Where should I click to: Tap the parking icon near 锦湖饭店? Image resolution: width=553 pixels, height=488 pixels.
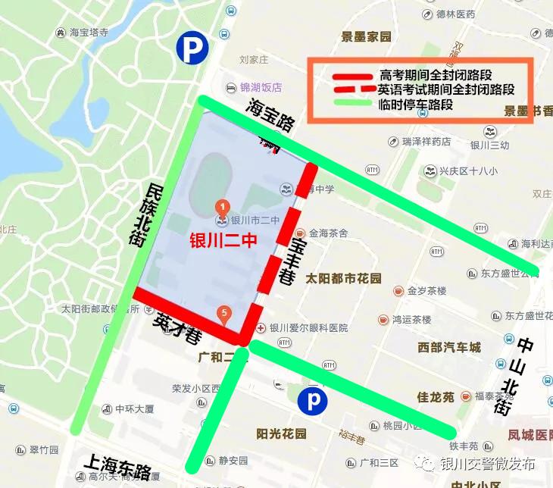point(192,48)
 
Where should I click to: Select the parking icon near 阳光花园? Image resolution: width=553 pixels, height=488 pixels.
point(312,401)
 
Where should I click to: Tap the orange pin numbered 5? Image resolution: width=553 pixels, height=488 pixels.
point(224,312)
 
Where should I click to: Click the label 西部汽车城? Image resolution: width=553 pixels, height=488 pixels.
point(449,348)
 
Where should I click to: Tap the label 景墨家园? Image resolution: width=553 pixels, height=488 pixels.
point(366,36)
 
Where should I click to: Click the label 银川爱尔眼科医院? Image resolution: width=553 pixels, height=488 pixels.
point(308,328)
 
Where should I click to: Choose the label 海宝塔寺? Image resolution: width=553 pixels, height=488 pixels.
point(89,33)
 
